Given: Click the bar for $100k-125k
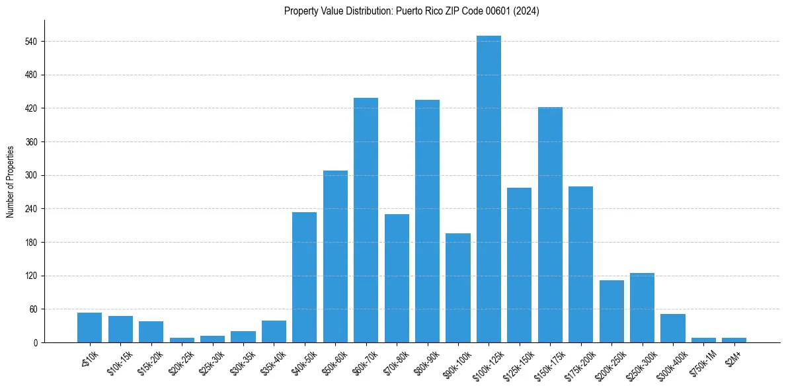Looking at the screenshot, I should (489, 189).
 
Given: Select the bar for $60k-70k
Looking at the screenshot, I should (366, 220).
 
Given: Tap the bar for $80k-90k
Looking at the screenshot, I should (427, 221).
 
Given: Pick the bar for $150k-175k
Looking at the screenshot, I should (550, 225).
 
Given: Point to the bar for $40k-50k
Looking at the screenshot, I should (304, 277).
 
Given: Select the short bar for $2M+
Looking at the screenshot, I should (734, 340).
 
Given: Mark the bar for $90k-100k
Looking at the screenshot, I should (457, 288).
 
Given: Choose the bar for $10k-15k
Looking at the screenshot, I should (120, 329).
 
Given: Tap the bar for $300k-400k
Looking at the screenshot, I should (672, 328).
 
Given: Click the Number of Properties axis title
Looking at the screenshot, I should (11, 181).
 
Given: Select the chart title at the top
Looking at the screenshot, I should (411, 11).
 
